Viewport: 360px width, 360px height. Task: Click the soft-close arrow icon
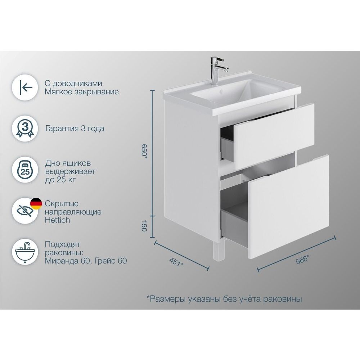pos(25,87)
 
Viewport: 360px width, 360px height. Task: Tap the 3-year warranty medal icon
pos(25,129)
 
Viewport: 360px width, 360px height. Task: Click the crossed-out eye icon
pos(25,211)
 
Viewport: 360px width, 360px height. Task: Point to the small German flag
pos(36,204)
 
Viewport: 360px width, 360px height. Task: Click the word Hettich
pos(57,220)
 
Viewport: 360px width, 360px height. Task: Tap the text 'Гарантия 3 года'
pos(75,129)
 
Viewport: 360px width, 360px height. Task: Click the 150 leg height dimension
pos(144,226)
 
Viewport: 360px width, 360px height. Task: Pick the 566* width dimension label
pos(302,260)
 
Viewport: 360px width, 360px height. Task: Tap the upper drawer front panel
pos(273,136)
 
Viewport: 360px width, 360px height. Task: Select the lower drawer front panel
pos(288,207)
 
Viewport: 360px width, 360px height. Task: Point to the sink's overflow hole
pos(221,91)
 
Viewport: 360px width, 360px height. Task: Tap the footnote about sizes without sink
pos(224,299)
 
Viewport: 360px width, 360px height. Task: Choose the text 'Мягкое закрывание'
pos(82,92)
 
